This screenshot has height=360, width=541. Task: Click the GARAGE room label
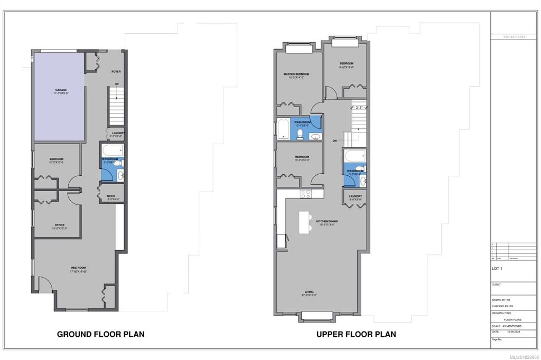pos(61,90)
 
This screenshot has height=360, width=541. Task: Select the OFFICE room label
pos(59,225)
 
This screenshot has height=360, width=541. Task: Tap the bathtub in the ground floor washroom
pos(111,149)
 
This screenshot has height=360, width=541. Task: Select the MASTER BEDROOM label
pos(296,74)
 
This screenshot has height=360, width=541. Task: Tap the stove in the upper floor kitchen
pos(305,194)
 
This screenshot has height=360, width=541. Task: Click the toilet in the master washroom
pos(300,135)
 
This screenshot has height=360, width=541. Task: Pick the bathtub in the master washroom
pos(283,129)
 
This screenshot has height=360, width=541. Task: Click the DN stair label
pos(334,141)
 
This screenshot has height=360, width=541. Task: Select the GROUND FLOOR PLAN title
pos(100,334)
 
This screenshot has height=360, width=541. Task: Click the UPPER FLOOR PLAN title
pos(356,334)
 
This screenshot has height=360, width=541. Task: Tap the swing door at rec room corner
pos(44,286)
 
